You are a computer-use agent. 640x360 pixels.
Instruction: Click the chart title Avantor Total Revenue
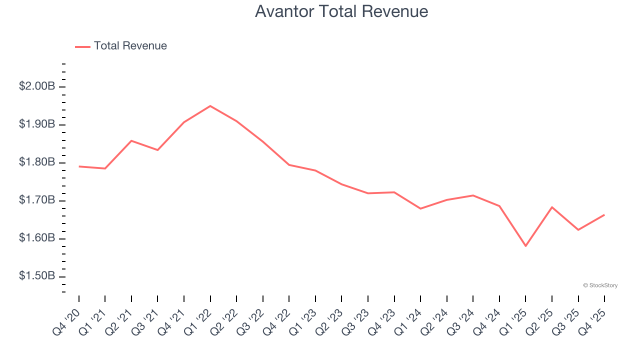[x=341, y=11]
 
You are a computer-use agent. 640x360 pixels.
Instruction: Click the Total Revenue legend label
[x=130, y=46]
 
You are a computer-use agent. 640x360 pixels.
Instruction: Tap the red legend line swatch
[x=82, y=46]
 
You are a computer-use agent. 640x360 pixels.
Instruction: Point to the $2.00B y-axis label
[x=37, y=86]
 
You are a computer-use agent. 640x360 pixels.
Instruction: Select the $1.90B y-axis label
[x=37, y=124]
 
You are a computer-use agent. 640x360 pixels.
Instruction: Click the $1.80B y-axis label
[x=37, y=162]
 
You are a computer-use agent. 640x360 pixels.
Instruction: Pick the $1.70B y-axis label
[x=37, y=200]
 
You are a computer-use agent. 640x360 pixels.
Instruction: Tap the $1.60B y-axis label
[x=37, y=238]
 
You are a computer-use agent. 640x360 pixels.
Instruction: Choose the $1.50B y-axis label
[x=37, y=276]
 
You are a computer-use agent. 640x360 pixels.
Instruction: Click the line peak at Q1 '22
[x=210, y=106]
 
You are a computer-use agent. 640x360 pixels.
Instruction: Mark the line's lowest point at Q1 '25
[x=525, y=246]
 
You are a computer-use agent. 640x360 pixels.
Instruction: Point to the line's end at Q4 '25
[x=604, y=215]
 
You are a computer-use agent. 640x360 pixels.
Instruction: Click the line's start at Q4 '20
[x=79, y=166]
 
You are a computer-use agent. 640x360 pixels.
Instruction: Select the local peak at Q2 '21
[x=131, y=140]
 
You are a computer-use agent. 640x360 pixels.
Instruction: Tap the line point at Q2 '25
[x=552, y=207]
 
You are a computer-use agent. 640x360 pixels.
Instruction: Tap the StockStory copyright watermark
[x=600, y=285]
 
